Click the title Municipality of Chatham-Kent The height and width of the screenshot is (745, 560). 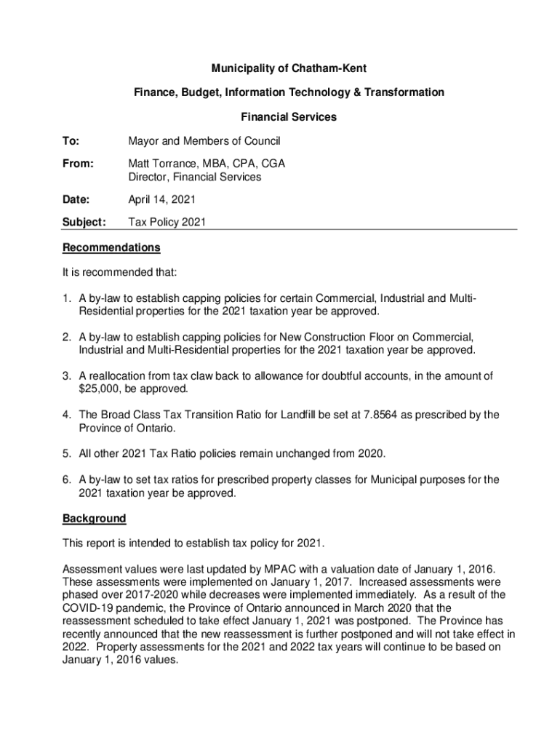coord(289,68)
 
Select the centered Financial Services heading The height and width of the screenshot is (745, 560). coord(289,116)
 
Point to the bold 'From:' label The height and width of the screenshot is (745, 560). coord(78,164)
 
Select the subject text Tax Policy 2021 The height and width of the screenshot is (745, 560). coord(167,223)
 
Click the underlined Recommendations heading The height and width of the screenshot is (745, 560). coord(111,247)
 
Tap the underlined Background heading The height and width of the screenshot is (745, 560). coord(94,518)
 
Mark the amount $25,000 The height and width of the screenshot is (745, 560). coord(102,389)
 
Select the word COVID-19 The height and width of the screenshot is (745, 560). coord(88,607)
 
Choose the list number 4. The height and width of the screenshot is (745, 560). coord(66,415)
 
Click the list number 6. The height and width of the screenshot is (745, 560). coord(66,479)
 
